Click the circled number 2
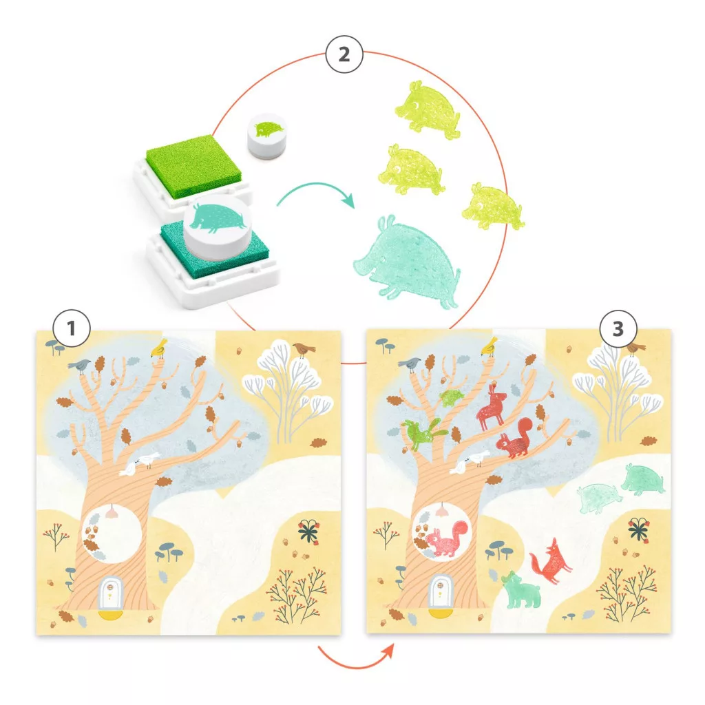click(344, 55)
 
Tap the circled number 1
click(72, 328)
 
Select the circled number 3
click(618, 328)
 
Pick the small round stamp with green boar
click(268, 136)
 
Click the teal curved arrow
click(315, 193)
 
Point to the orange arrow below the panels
click(356, 656)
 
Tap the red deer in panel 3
click(492, 407)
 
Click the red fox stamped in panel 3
click(551, 560)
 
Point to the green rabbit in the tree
click(423, 433)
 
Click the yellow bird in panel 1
click(159, 348)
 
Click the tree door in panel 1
click(110, 593)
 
